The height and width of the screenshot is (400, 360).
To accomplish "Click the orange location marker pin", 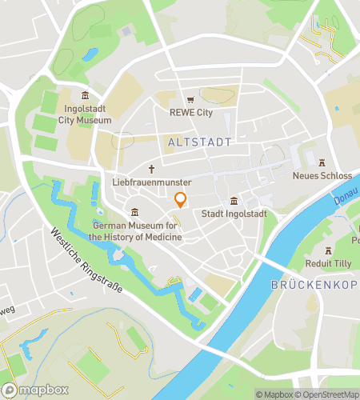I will click(x=180, y=200).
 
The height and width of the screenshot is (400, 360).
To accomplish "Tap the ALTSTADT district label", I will click(x=200, y=142).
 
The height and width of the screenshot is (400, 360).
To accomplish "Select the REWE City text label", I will click(x=191, y=113).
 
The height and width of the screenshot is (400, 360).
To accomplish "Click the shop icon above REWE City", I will click(x=190, y=100).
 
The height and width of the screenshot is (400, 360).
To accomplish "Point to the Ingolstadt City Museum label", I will click(x=85, y=114).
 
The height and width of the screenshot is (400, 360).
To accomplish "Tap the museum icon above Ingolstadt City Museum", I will click(x=86, y=96).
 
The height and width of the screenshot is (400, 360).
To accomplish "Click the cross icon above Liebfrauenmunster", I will click(x=151, y=169).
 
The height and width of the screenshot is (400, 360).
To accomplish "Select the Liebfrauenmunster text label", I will click(x=151, y=182).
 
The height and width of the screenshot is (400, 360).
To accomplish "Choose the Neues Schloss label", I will click(x=322, y=175).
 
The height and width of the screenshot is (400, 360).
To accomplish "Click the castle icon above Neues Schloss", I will click(x=322, y=162).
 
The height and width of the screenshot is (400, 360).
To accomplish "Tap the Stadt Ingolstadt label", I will click(x=234, y=214).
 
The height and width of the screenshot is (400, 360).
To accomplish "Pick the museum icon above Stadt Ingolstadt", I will click(x=234, y=201).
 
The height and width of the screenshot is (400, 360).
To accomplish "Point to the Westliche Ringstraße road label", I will click(x=86, y=262).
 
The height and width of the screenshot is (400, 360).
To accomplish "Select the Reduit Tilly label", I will click(x=328, y=262).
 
